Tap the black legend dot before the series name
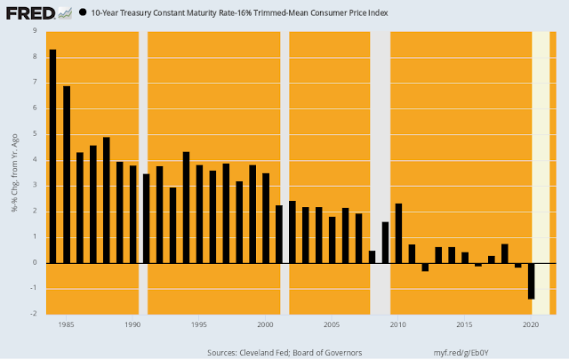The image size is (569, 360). pyautogui.click(x=83, y=13)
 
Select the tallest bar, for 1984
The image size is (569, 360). pyautogui.click(x=52, y=156)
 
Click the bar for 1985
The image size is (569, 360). pyautogui.click(x=67, y=174)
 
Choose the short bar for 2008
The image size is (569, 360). pyautogui.click(x=372, y=257)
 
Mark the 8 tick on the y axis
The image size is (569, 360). pyautogui.click(x=36, y=57)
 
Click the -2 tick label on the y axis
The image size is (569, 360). pyautogui.click(x=35, y=314)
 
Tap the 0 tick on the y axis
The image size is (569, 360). pyautogui.click(x=36, y=262)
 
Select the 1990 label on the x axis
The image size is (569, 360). pyautogui.click(x=132, y=324)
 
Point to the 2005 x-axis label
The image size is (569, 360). pyautogui.click(x=332, y=324)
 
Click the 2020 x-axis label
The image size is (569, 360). pyautogui.click(x=531, y=324)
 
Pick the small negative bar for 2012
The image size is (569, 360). pyautogui.click(x=425, y=267)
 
